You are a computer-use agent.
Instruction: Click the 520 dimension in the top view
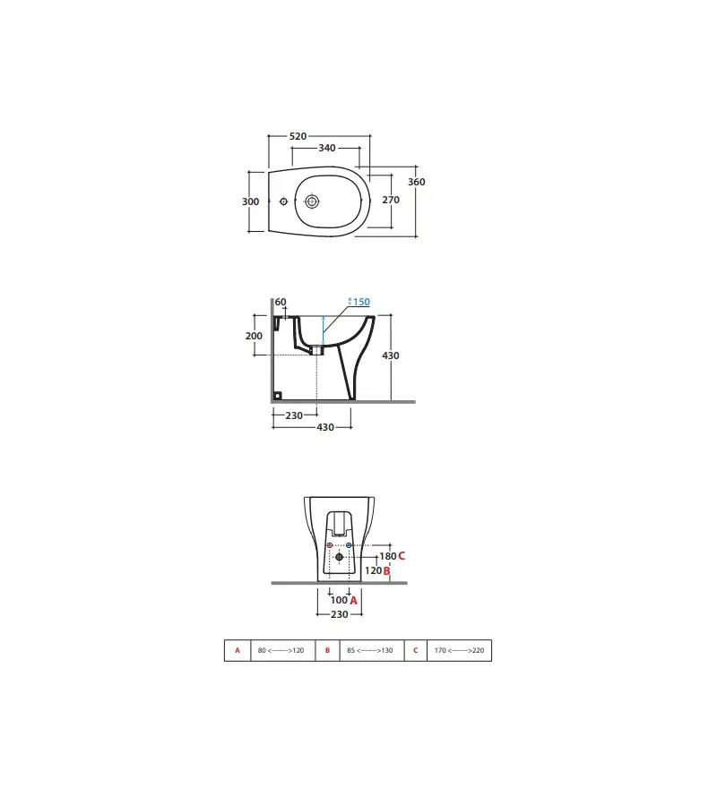(x=298, y=136)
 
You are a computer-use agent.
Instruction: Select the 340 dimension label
(x=327, y=148)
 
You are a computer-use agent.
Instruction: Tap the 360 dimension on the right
(x=416, y=182)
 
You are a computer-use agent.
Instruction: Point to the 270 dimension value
(x=391, y=200)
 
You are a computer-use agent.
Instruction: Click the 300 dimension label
(x=251, y=201)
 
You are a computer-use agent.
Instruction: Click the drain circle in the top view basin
(x=312, y=201)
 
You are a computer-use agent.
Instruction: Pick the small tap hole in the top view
(x=283, y=201)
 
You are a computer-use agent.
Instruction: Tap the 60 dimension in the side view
(x=281, y=302)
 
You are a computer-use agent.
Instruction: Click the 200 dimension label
(x=254, y=336)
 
